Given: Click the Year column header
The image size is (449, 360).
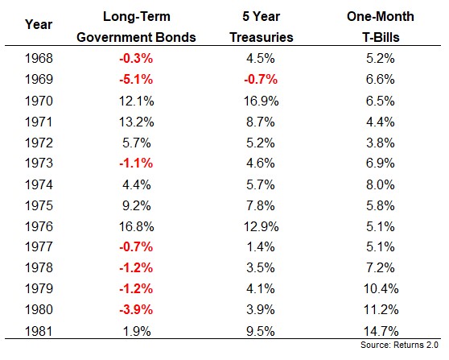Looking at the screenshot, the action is (39, 24).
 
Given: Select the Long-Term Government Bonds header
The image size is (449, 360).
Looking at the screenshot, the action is (136, 27).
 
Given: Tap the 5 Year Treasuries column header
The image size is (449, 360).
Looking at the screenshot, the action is (262, 27).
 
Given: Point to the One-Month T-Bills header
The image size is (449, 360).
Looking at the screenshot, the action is (381, 27).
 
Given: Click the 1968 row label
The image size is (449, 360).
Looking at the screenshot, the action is (39, 59).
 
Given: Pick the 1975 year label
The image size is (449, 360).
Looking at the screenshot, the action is (39, 205).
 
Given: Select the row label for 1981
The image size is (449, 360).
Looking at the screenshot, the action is (39, 331).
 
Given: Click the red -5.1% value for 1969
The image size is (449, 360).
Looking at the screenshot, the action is (136, 80).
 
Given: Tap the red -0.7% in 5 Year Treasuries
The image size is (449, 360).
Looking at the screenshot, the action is (261, 80).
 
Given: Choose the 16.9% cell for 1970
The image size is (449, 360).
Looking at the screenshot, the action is (261, 101).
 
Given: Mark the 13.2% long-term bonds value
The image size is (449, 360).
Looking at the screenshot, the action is (136, 122).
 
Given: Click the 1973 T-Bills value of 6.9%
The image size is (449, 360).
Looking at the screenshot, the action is (381, 163).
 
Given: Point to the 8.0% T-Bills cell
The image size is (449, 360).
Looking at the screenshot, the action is (381, 184).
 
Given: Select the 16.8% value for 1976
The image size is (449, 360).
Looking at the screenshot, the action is (136, 227).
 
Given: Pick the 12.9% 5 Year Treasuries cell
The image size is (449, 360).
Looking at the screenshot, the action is (261, 227).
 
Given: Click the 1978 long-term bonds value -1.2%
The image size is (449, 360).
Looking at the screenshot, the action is (136, 267).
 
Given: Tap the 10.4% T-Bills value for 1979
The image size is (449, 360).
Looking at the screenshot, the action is (381, 288).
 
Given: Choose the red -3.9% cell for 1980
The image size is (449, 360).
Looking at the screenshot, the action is (136, 310).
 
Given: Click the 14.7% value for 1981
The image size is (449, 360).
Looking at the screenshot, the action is (381, 331).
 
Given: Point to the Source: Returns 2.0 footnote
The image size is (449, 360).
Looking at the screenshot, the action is (399, 345).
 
